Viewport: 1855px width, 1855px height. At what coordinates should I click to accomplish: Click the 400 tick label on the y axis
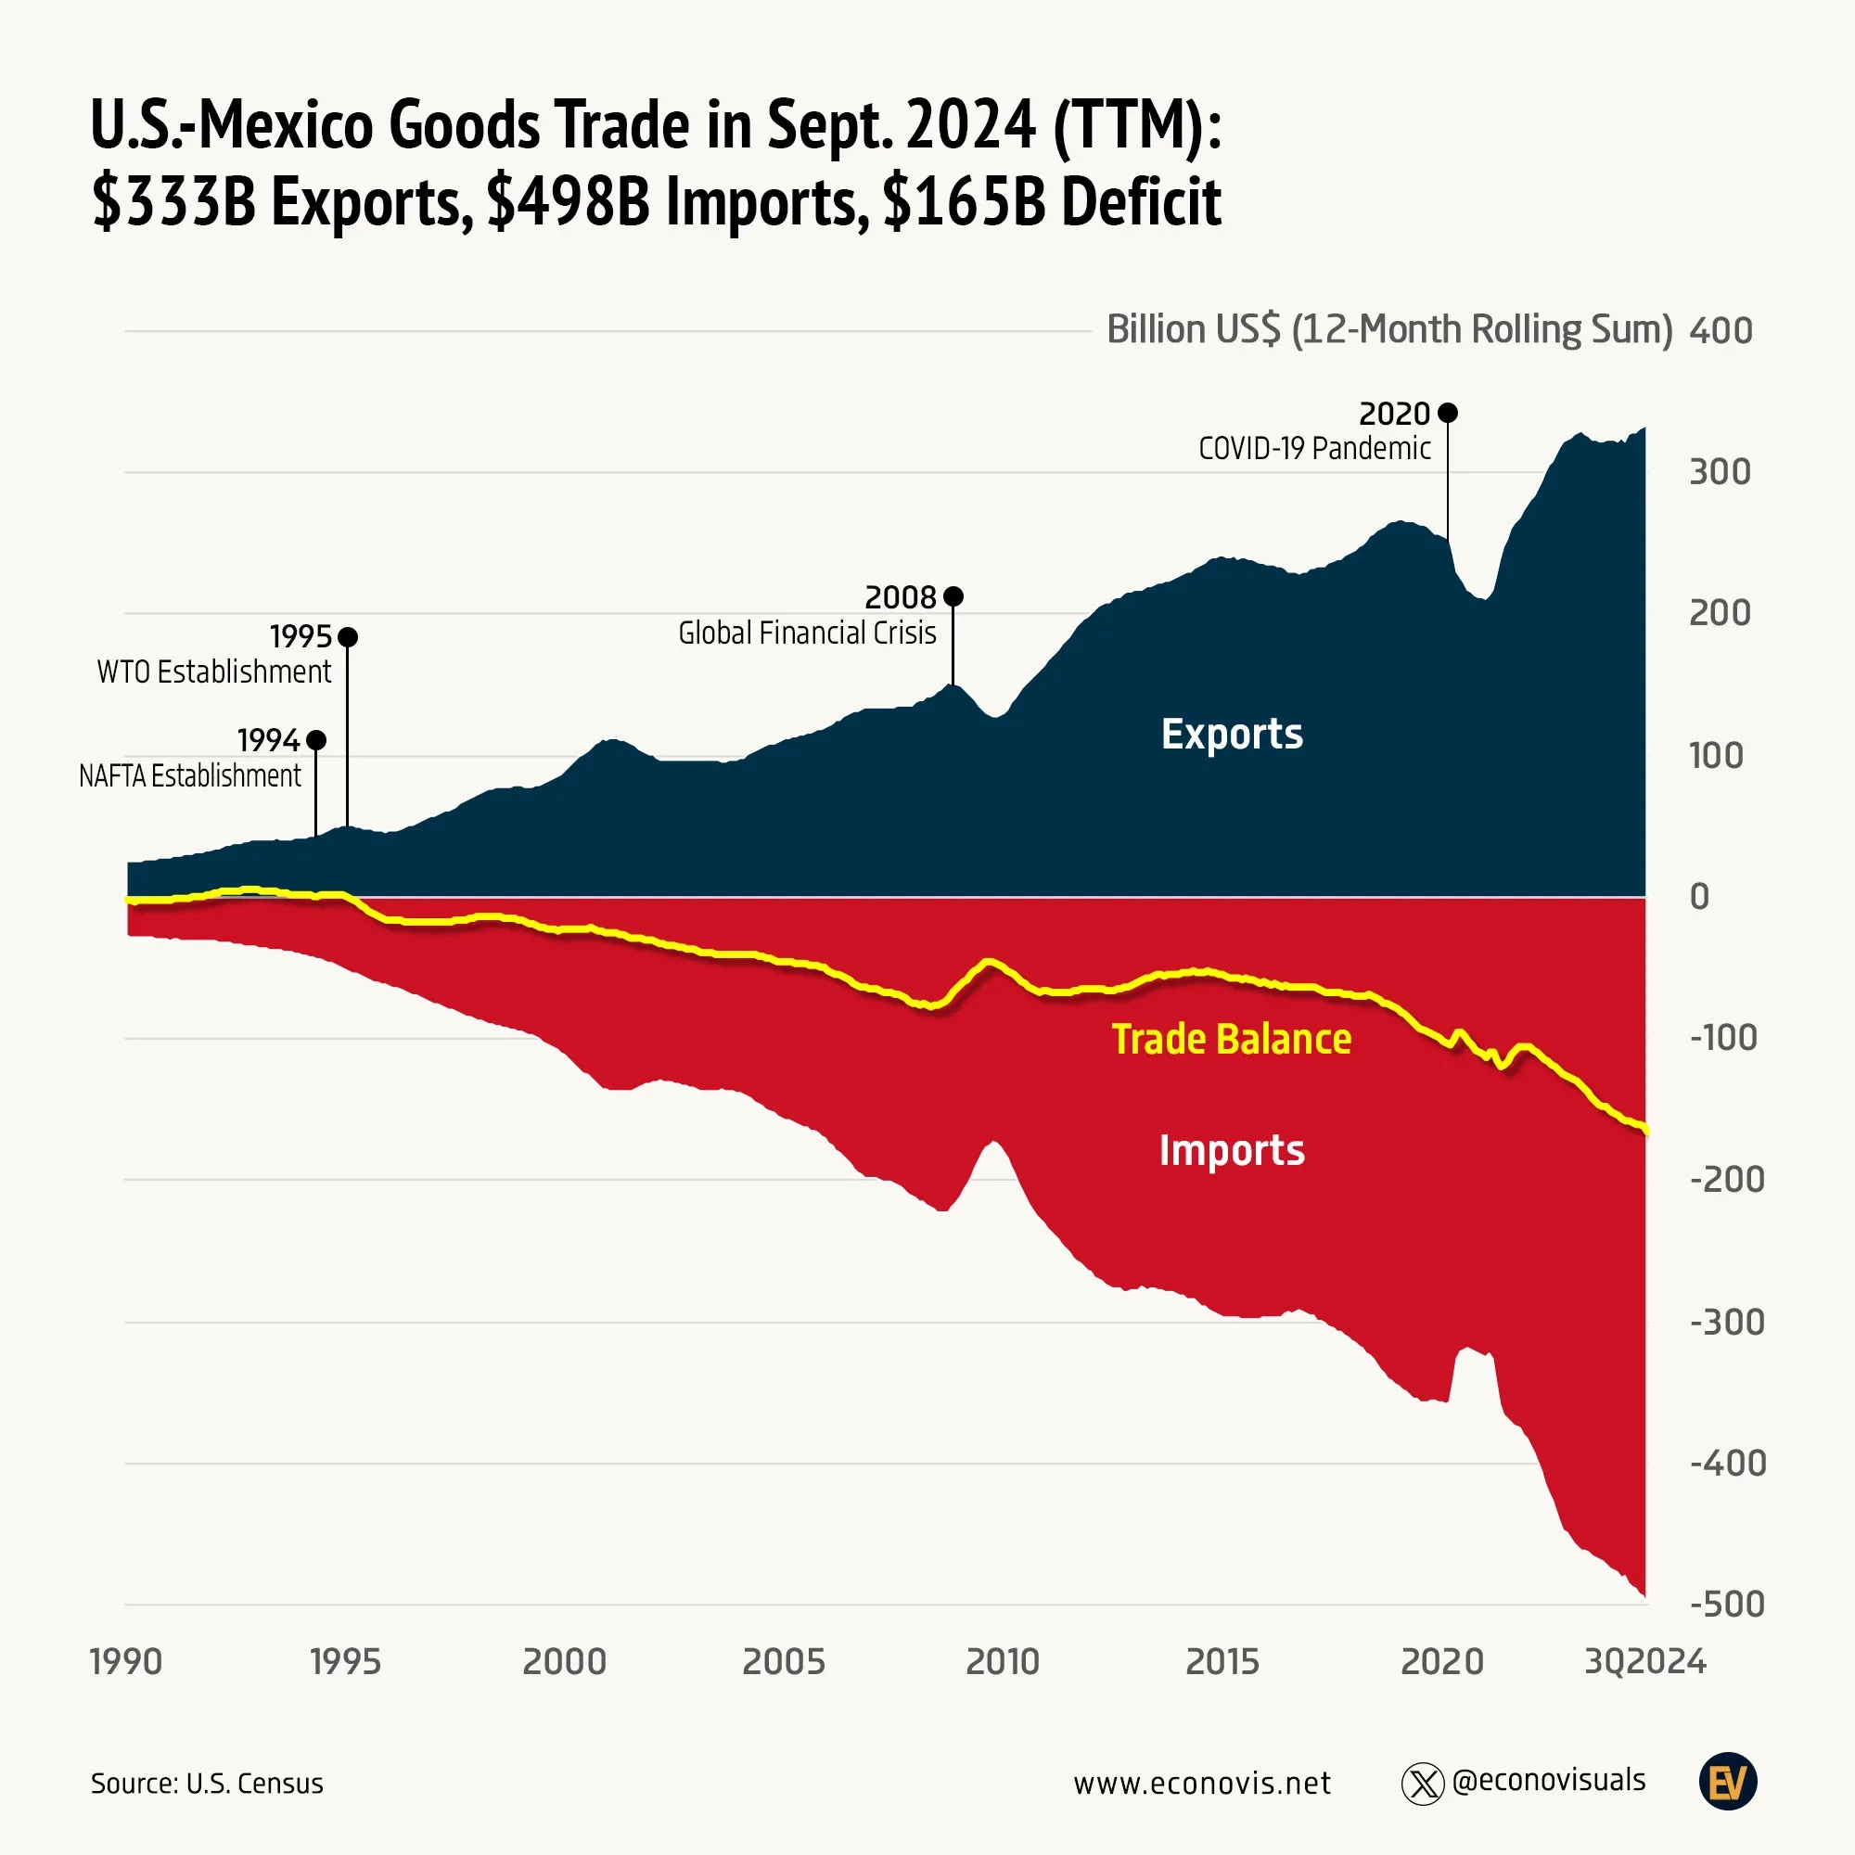1721,330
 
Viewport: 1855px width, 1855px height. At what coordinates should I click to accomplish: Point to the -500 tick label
1726,1605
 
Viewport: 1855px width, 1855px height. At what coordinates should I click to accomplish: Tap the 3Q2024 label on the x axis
1644,1661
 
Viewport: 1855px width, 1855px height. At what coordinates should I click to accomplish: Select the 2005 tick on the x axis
784,1661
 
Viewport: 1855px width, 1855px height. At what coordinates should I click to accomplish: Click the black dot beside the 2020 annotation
1448,413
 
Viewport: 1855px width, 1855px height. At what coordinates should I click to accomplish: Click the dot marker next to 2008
953,596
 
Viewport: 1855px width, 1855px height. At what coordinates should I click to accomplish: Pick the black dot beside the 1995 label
348,636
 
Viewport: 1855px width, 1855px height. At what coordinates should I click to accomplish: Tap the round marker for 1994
316,740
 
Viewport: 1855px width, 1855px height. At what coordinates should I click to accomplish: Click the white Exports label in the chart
1232,735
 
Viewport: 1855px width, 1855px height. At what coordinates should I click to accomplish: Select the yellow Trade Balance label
1231,1039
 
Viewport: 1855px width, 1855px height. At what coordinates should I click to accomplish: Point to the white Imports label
1232,1150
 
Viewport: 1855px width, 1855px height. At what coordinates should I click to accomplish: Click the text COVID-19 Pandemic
1313,448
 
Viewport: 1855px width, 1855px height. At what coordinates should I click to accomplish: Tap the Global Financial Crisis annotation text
807,633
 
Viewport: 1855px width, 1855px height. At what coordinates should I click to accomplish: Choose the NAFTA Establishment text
190,775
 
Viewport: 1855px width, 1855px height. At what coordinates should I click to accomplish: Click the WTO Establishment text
214,672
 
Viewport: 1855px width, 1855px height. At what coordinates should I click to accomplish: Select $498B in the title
568,202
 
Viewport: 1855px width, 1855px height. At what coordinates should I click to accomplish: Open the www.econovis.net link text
1202,1783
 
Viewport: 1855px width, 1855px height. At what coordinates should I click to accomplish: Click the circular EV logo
1727,1782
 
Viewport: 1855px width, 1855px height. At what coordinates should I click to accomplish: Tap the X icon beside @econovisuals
1422,1784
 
